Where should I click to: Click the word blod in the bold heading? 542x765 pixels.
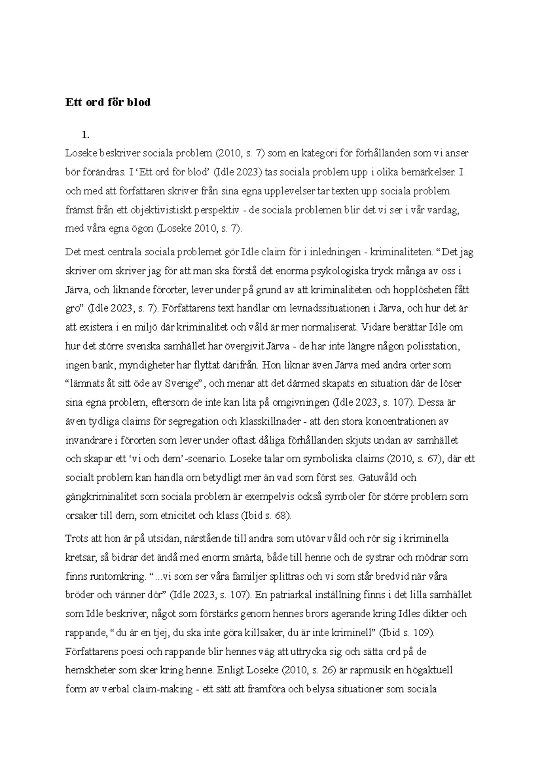(138, 103)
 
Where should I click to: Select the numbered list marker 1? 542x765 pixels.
(84, 134)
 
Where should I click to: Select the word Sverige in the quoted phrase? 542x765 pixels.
(182, 384)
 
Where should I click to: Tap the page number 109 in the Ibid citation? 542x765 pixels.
(421, 633)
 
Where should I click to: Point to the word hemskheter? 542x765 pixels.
(91, 671)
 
